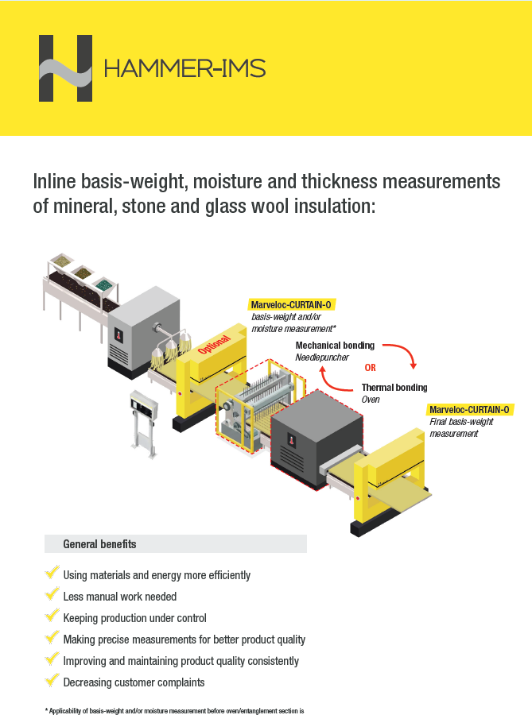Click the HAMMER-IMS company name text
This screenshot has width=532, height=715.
tap(184, 68)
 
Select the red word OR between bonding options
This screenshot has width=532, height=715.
tap(370, 368)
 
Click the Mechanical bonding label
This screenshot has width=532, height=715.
tap(335, 346)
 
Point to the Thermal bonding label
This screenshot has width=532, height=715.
tap(394, 388)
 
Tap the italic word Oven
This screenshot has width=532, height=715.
tap(371, 400)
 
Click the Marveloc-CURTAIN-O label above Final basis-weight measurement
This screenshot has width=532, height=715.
tap(470, 410)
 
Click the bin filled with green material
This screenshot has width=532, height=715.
tap(103, 282)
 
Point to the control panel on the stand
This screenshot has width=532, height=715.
tap(144, 404)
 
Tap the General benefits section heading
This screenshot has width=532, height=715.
tap(99, 544)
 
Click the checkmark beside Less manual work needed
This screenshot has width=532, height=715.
tap(52, 595)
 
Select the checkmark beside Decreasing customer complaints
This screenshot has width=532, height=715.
tap(52, 681)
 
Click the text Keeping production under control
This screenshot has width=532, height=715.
tap(134, 617)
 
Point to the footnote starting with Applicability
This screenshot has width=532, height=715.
tap(175, 709)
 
